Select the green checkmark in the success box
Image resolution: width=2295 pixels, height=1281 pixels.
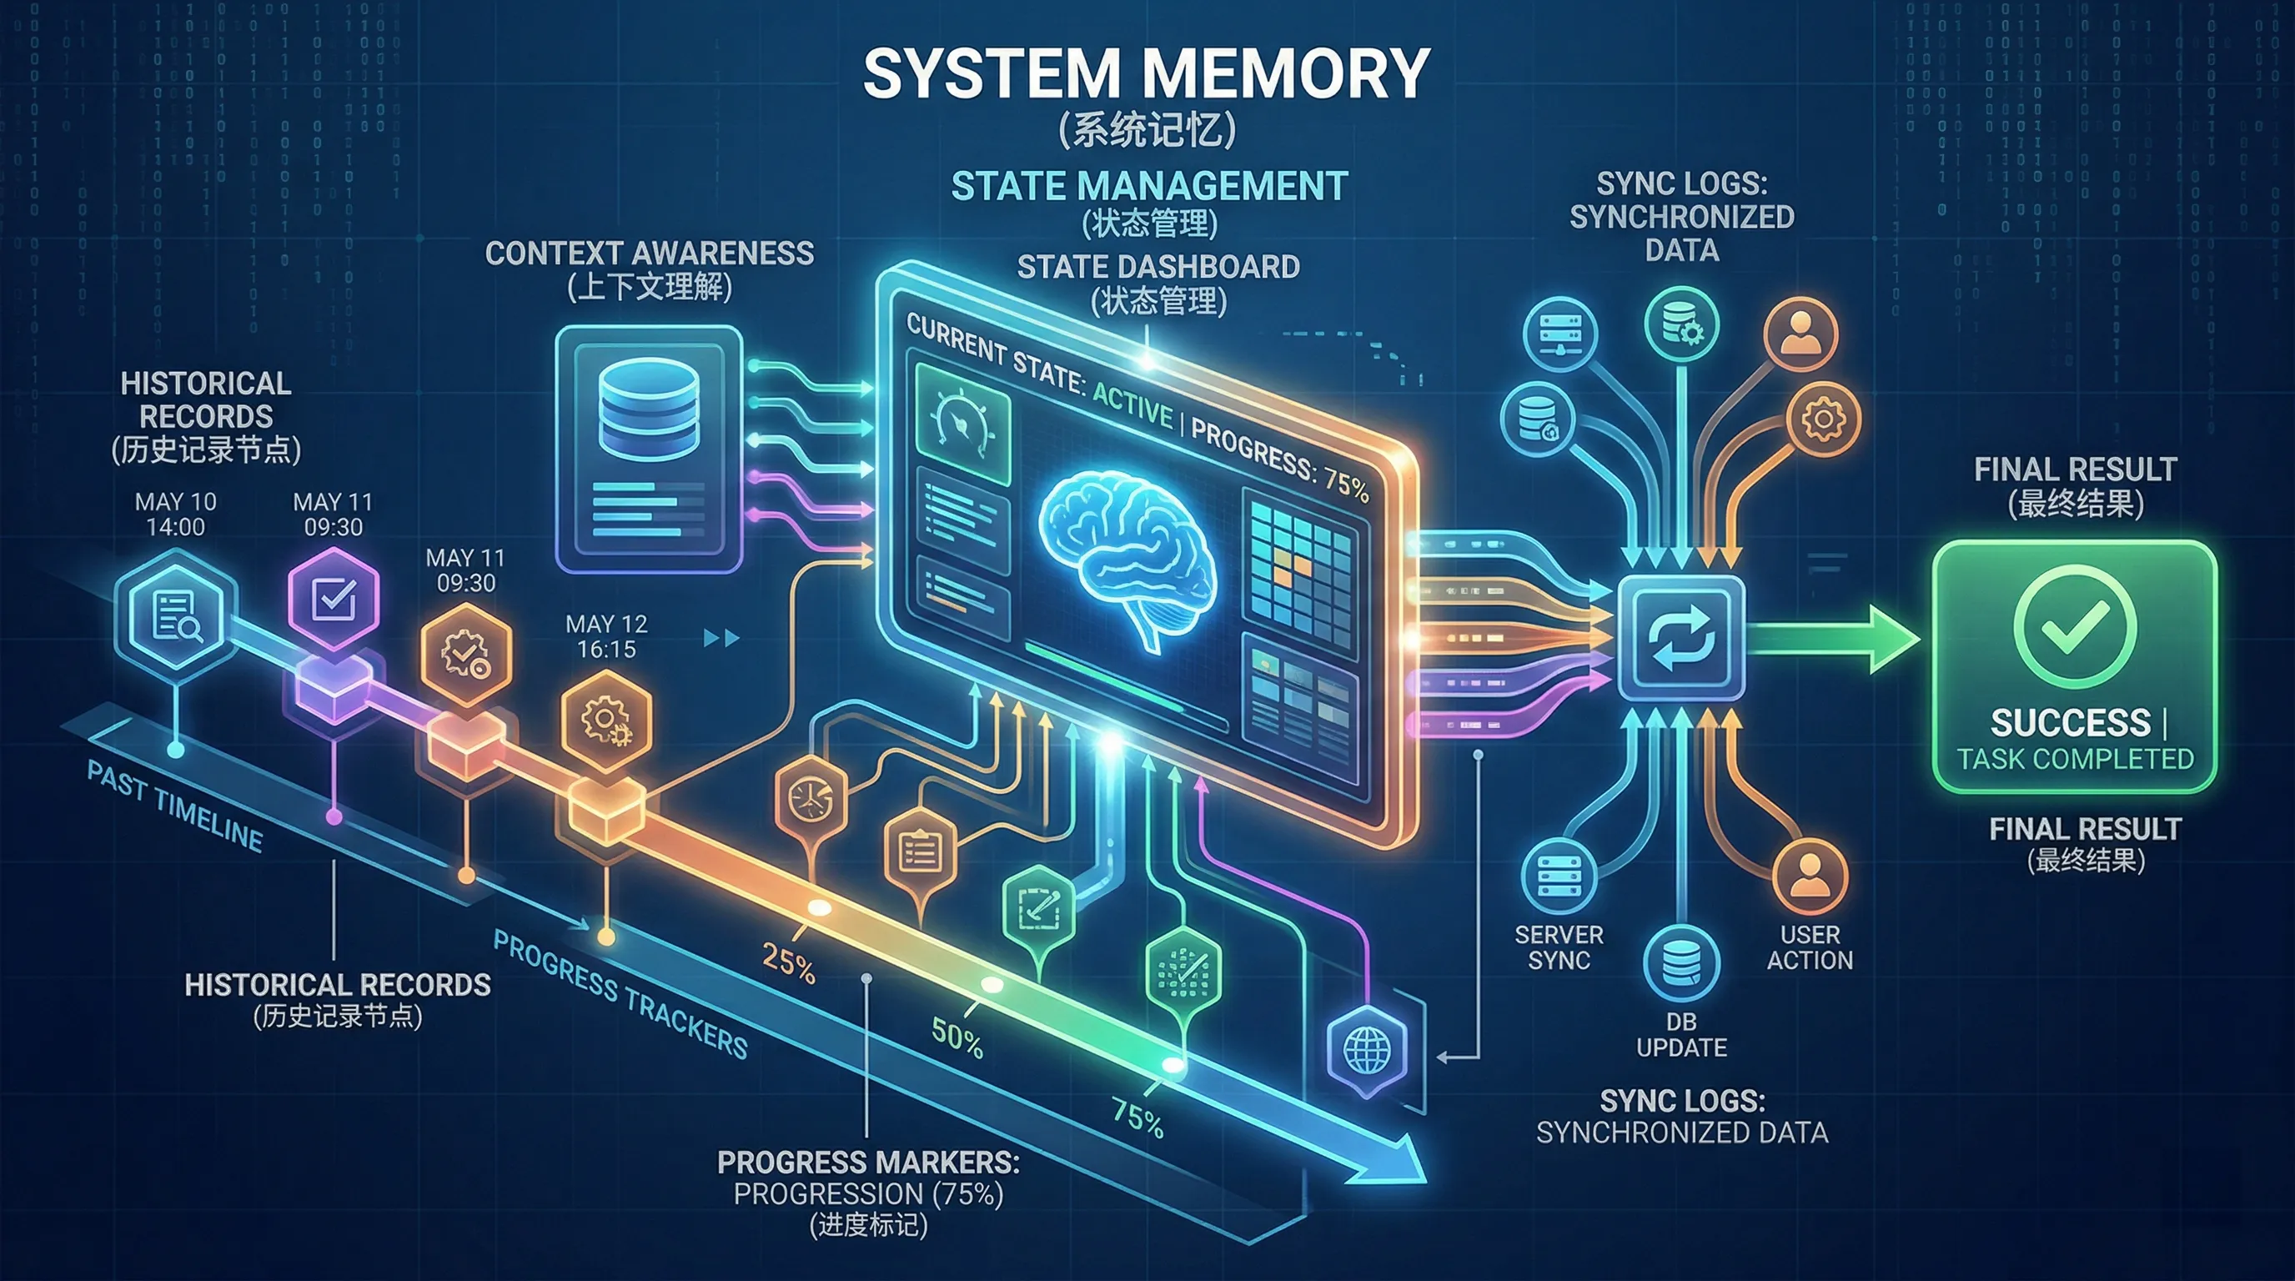[x=2074, y=626]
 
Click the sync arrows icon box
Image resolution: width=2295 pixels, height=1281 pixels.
[x=1680, y=638]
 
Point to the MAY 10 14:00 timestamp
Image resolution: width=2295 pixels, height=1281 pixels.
[x=175, y=514]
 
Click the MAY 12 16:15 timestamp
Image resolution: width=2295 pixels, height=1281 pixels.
[x=607, y=636]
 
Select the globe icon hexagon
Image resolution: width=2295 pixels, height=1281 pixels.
[x=1367, y=1051]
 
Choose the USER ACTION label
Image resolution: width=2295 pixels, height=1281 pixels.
[x=1810, y=947]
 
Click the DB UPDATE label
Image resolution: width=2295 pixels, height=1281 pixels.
[x=1681, y=1034]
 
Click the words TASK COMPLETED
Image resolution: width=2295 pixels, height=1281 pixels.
[x=2075, y=759]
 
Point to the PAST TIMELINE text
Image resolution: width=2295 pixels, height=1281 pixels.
[x=174, y=807]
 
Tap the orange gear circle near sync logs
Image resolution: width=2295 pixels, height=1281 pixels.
[x=1823, y=419]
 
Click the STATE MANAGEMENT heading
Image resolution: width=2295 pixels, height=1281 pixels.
[x=1149, y=186]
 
